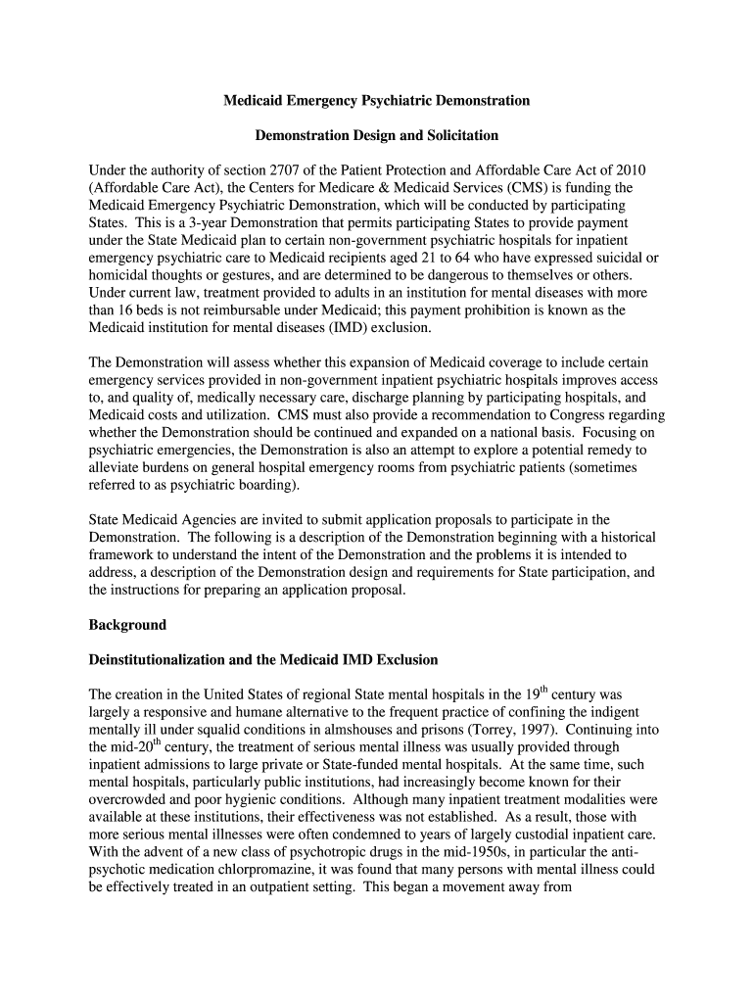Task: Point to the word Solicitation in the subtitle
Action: [x=454, y=134]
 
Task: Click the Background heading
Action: [x=127, y=625]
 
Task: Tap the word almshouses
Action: [x=373, y=730]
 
